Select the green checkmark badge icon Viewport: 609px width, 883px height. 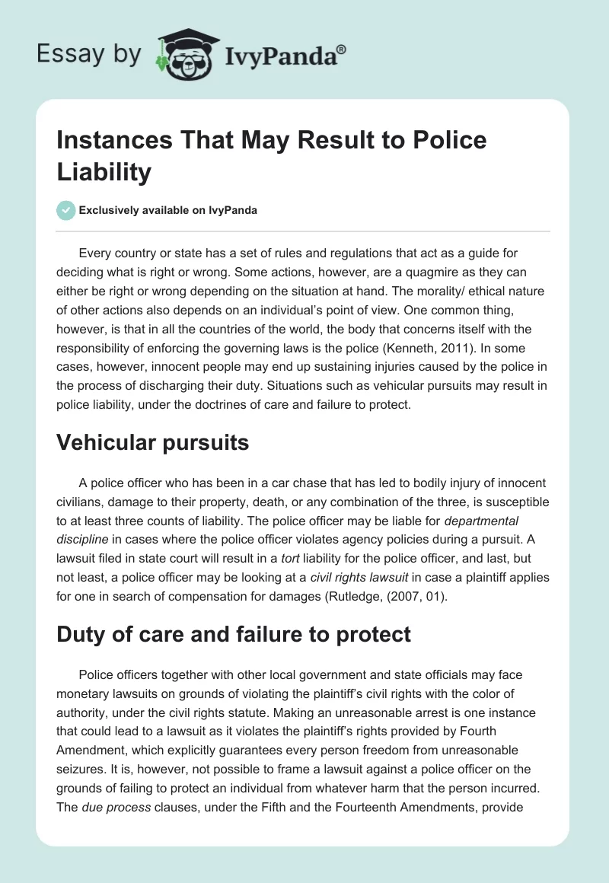pyautogui.click(x=66, y=210)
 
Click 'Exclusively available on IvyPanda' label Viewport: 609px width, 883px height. pyautogui.click(x=168, y=210)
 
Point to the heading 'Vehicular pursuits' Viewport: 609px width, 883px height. pyautogui.click(x=153, y=442)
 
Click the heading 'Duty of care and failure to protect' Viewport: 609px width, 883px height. pyautogui.click(x=234, y=634)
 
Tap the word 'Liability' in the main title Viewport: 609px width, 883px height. pyautogui.click(x=104, y=172)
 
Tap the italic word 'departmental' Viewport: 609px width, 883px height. pyautogui.click(x=481, y=521)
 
